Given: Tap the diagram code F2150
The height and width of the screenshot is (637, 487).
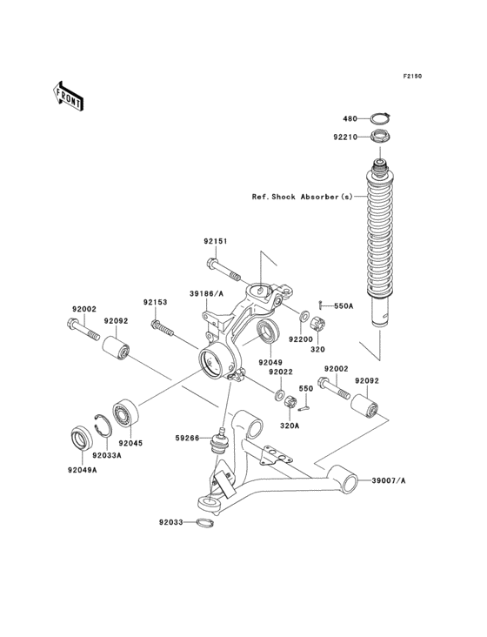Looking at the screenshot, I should (x=411, y=77).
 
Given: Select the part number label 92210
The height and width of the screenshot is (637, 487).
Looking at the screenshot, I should (x=344, y=137).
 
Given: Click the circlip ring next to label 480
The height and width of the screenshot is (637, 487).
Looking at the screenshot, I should (x=378, y=118).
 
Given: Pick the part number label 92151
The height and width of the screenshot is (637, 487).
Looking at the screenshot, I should (x=217, y=241).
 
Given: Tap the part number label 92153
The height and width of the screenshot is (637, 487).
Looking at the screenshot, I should (x=155, y=302).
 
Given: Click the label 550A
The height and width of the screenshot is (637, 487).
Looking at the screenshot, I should (x=343, y=306).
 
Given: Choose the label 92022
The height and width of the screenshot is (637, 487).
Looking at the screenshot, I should (x=281, y=372).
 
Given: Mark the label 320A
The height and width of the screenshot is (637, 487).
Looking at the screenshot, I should (x=290, y=426).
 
